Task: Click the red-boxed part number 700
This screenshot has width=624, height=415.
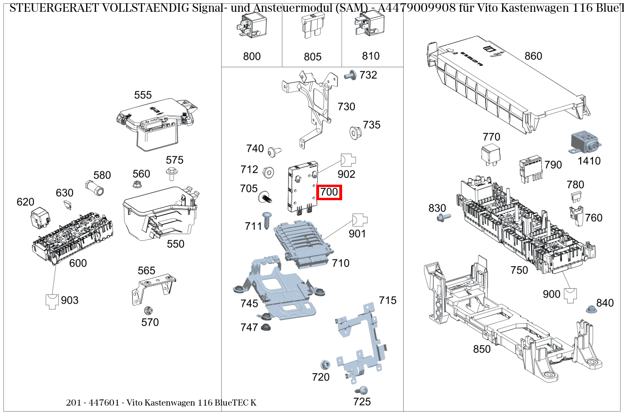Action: tap(329, 192)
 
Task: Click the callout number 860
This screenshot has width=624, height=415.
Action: tap(533, 56)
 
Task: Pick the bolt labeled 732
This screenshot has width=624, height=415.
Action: tap(350, 74)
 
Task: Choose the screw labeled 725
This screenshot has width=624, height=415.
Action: tap(362, 390)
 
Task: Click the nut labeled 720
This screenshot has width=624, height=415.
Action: tap(324, 364)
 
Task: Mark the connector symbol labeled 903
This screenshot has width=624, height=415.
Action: tap(52, 301)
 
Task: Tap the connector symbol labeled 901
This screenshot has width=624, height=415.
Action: tap(360, 220)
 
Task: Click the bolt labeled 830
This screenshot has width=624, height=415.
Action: tap(443, 217)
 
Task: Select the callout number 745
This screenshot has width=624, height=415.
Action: tap(249, 303)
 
